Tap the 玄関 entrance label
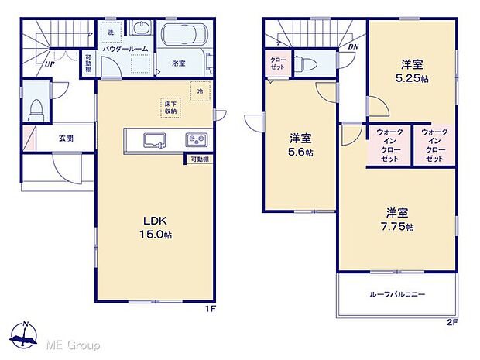tap(66, 139)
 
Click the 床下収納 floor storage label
tap(170, 107)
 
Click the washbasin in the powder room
tap(142, 29)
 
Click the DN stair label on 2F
tap(353, 48)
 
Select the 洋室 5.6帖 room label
tap(301, 146)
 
